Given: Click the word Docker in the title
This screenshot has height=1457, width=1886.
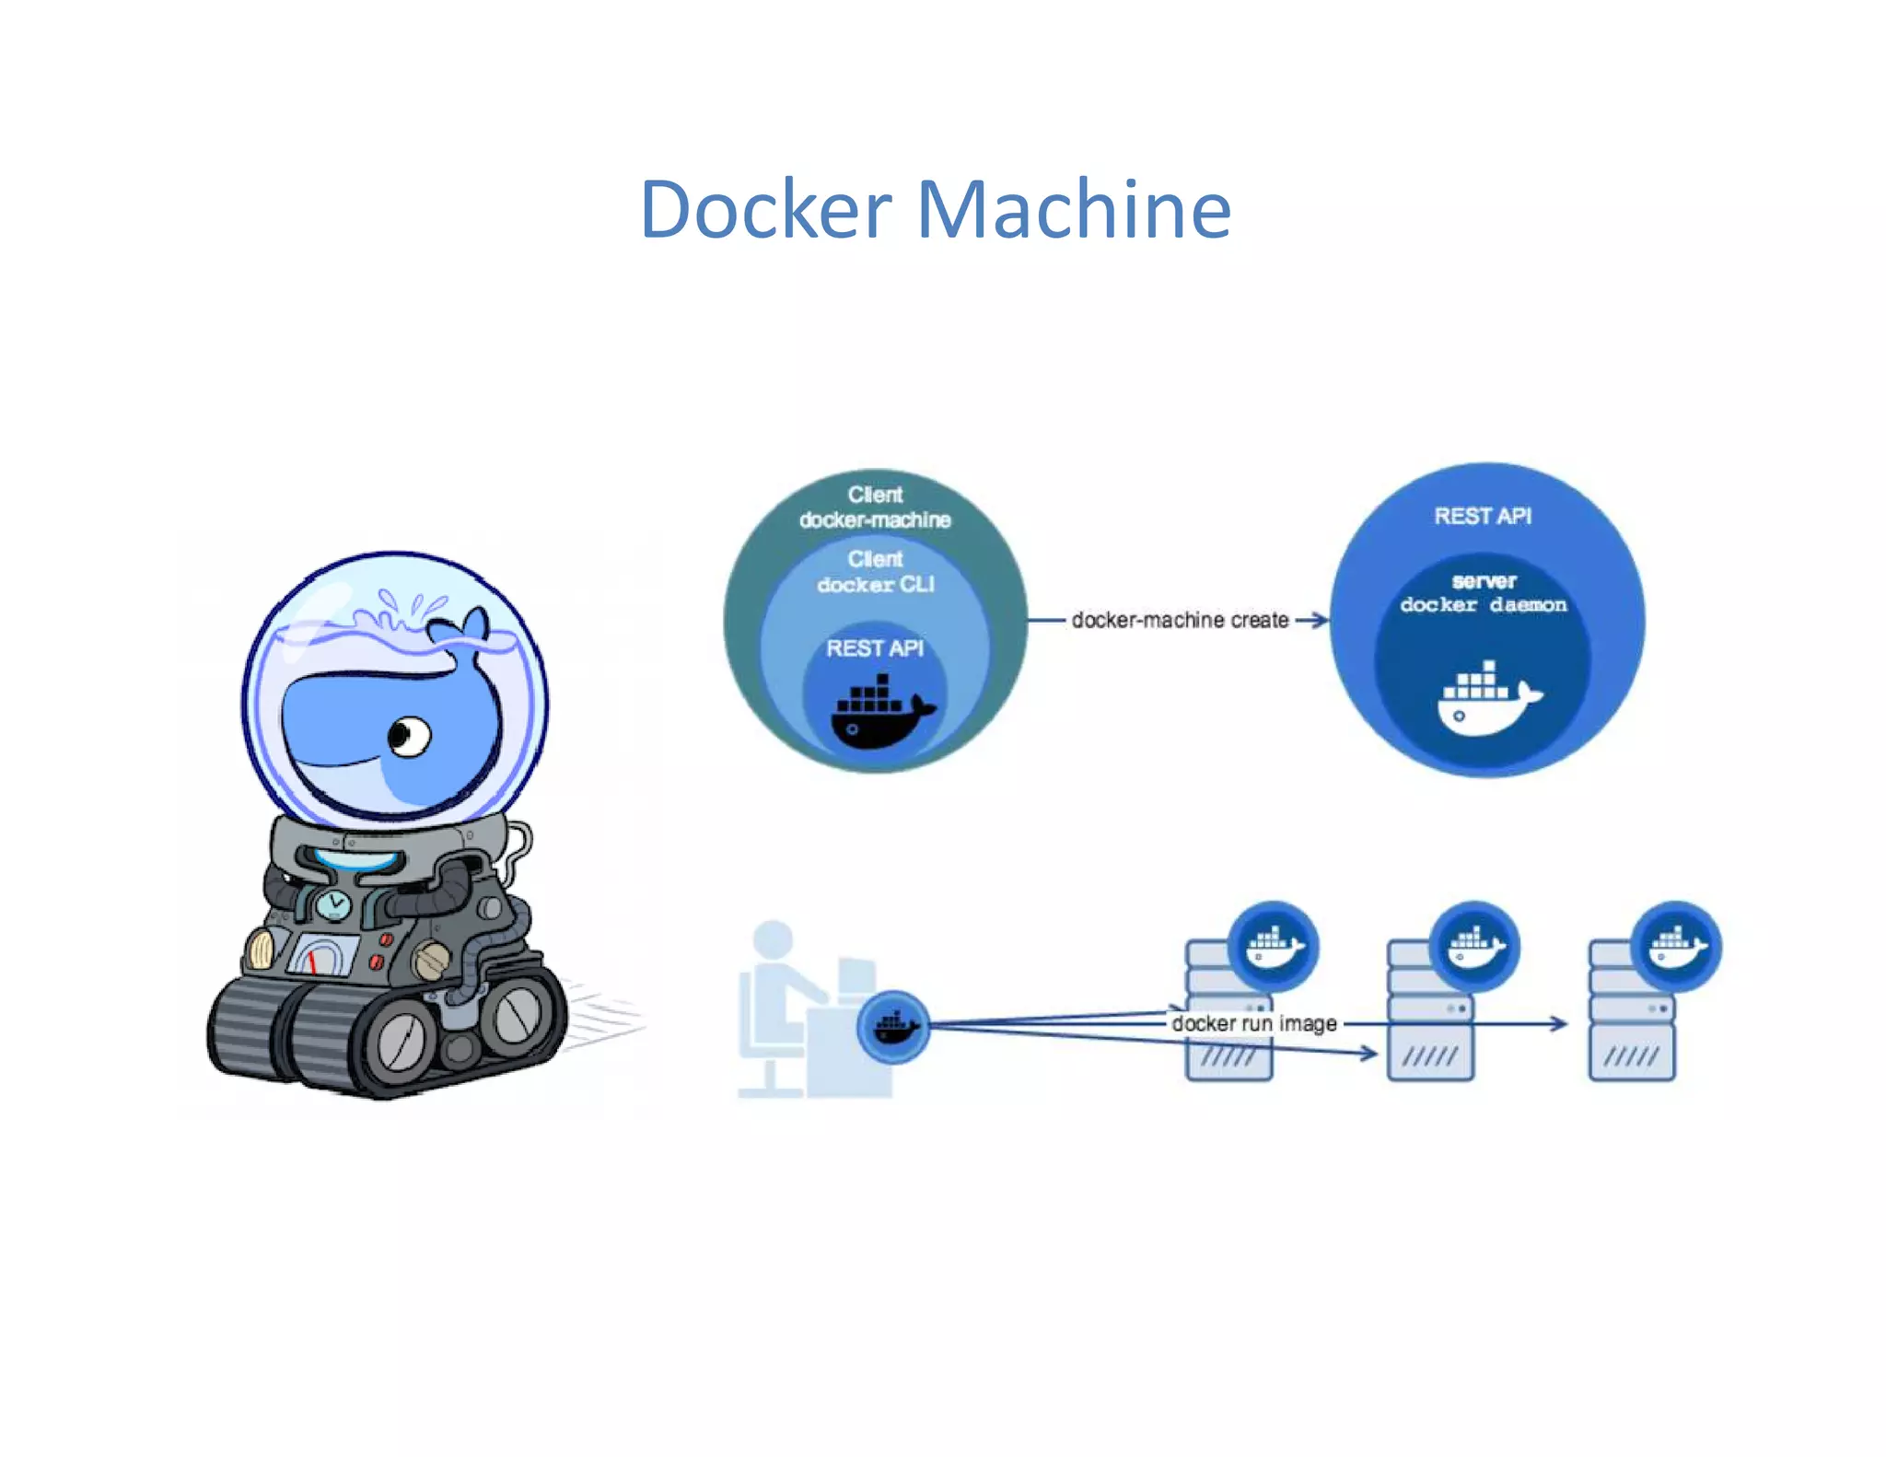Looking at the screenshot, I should [x=765, y=210].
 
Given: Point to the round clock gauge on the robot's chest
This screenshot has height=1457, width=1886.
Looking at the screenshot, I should [x=333, y=903].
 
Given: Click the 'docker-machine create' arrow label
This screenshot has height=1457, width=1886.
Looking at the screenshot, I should [x=1180, y=620].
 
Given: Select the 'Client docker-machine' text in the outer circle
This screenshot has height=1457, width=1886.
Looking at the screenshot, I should [x=875, y=507].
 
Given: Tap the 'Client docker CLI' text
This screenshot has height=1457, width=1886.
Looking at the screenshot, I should [x=875, y=572].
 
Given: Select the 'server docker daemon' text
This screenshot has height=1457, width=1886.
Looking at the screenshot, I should [x=1483, y=593].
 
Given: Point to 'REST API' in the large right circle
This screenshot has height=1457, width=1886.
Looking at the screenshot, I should [x=1483, y=516].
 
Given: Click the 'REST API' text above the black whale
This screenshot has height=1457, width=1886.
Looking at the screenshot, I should [x=875, y=648].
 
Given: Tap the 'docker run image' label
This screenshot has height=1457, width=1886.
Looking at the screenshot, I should [x=1253, y=1023].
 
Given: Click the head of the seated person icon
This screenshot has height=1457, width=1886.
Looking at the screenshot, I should [x=773, y=938].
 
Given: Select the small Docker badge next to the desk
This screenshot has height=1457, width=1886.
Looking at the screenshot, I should [x=892, y=1026].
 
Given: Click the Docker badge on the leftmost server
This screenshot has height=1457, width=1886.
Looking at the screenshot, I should [x=1274, y=946].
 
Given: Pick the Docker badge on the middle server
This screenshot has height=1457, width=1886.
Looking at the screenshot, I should [x=1474, y=946].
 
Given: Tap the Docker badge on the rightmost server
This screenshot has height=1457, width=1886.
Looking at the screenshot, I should [x=1676, y=946].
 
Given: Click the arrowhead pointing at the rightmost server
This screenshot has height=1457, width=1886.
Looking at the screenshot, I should [x=1559, y=1023].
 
